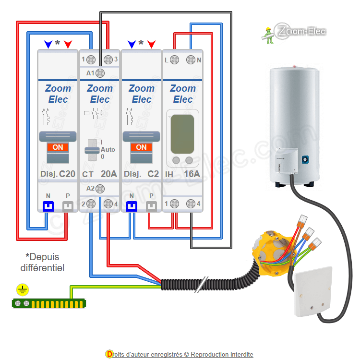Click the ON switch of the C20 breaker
[x=58, y=148]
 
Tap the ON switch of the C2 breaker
[x=141, y=148]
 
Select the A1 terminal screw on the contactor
[x=100, y=73]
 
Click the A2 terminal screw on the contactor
[x=100, y=189]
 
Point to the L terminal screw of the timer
[x=175, y=60]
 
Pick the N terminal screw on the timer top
[x=191, y=60]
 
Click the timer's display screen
[x=182, y=132]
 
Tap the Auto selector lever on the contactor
[x=90, y=149]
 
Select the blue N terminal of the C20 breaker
[x=48, y=206]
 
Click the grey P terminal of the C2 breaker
[x=151, y=206]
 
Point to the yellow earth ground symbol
[x=22, y=289]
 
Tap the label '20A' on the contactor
[x=108, y=174]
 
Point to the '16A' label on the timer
[x=192, y=174]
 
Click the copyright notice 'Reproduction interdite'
[x=222, y=354]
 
